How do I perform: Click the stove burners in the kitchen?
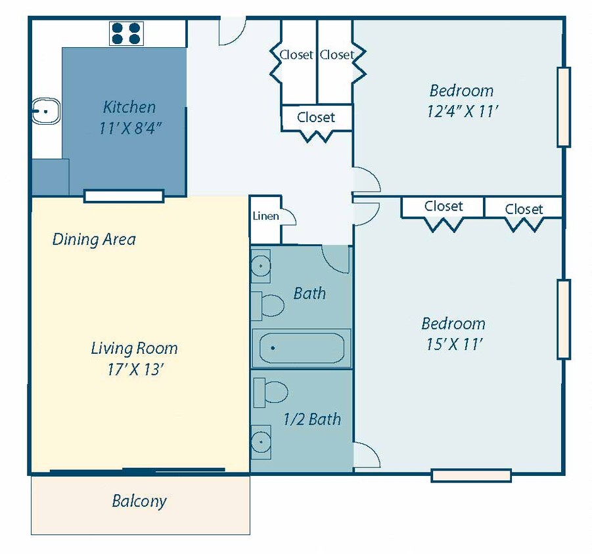[x=126, y=33]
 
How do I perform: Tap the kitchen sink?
[x=46, y=111]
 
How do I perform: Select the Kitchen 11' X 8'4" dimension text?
[x=130, y=128]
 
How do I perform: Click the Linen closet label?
[x=266, y=216]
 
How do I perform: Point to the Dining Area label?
[x=94, y=239]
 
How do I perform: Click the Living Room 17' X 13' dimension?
[x=135, y=369]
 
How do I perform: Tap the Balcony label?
[x=139, y=501]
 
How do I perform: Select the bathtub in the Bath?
[x=302, y=348]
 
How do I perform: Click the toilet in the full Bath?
[x=267, y=305]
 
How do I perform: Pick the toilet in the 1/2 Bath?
[x=270, y=393]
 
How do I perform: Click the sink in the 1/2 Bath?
[x=261, y=442]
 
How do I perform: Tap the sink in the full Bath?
[x=261, y=266]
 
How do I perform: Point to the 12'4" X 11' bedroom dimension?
[x=463, y=111]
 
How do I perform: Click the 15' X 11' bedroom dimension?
[x=455, y=344]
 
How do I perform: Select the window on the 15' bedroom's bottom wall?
[x=471, y=475]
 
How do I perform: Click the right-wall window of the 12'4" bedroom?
[x=564, y=107]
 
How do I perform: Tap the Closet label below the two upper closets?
[x=316, y=117]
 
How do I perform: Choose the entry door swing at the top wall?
[x=233, y=31]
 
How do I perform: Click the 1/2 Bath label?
[x=312, y=419]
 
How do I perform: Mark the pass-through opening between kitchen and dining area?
[x=124, y=196]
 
